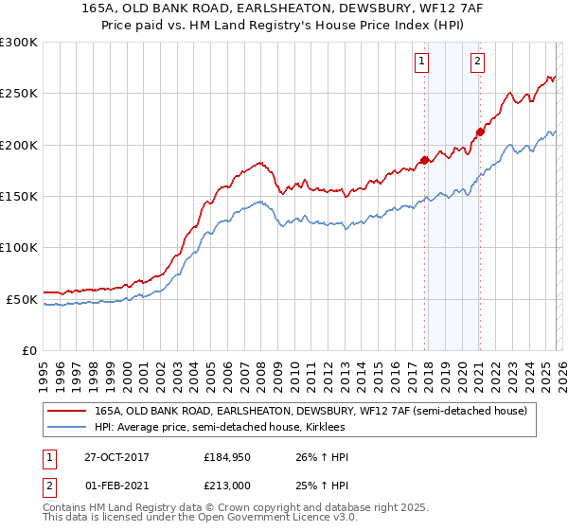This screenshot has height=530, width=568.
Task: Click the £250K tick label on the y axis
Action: (19, 94)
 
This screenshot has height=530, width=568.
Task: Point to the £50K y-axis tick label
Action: (22, 299)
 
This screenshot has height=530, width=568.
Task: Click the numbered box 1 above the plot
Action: (420, 62)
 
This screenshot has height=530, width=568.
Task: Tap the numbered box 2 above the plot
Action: (477, 62)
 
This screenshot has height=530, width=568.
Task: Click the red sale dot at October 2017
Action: (424, 160)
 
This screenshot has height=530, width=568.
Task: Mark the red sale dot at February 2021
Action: (480, 132)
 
